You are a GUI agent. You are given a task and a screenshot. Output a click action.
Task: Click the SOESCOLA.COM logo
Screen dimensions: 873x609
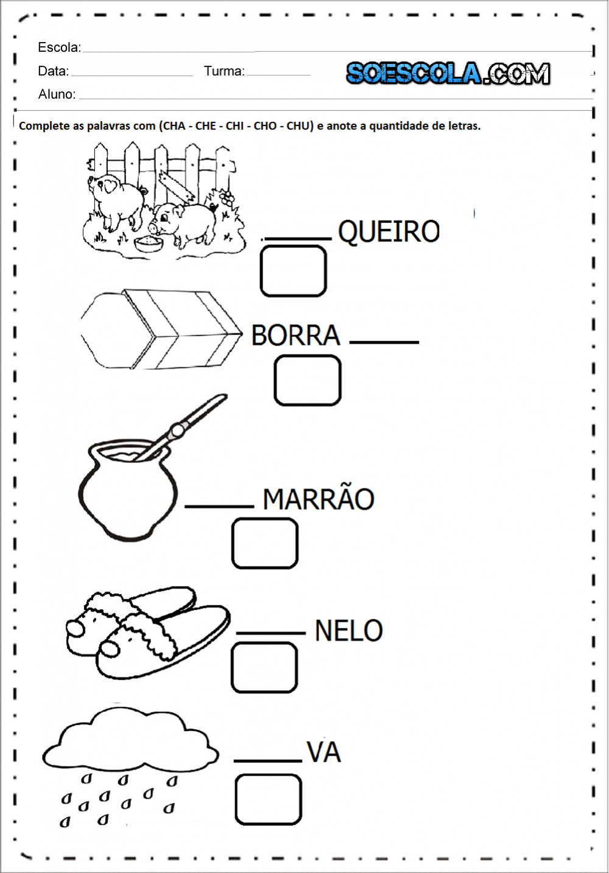click(448, 74)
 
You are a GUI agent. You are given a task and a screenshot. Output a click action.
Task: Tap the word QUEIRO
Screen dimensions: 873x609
click(389, 232)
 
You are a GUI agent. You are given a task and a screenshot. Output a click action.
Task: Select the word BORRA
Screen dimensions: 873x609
click(295, 336)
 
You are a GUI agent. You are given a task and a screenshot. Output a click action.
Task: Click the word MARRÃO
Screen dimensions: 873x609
click(318, 500)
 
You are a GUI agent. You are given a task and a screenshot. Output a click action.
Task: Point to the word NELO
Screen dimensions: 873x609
click(348, 631)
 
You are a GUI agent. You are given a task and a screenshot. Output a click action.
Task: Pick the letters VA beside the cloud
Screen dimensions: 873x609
click(323, 752)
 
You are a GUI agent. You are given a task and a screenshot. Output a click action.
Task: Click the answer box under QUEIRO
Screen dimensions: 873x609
click(293, 271)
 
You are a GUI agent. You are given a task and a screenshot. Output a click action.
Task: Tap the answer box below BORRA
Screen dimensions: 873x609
click(307, 381)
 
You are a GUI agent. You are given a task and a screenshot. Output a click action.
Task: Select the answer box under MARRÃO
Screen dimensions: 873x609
click(265, 543)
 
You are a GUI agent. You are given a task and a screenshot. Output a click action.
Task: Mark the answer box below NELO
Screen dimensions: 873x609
click(264, 668)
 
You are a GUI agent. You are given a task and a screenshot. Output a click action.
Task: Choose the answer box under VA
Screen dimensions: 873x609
click(268, 799)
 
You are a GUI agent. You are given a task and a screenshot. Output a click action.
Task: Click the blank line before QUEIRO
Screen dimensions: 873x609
click(297, 238)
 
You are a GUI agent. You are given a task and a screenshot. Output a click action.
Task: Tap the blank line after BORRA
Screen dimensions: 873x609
click(384, 342)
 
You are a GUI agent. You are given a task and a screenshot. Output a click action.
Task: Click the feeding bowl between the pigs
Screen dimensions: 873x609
click(149, 244)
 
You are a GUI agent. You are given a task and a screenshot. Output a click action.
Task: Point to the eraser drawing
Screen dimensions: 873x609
click(161, 330)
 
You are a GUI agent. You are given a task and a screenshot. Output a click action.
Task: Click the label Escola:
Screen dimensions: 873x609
click(59, 48)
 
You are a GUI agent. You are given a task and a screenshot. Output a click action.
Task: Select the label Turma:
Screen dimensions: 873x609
click(224, 71)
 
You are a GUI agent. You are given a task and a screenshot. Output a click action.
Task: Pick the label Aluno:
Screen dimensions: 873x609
click(57, 94)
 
